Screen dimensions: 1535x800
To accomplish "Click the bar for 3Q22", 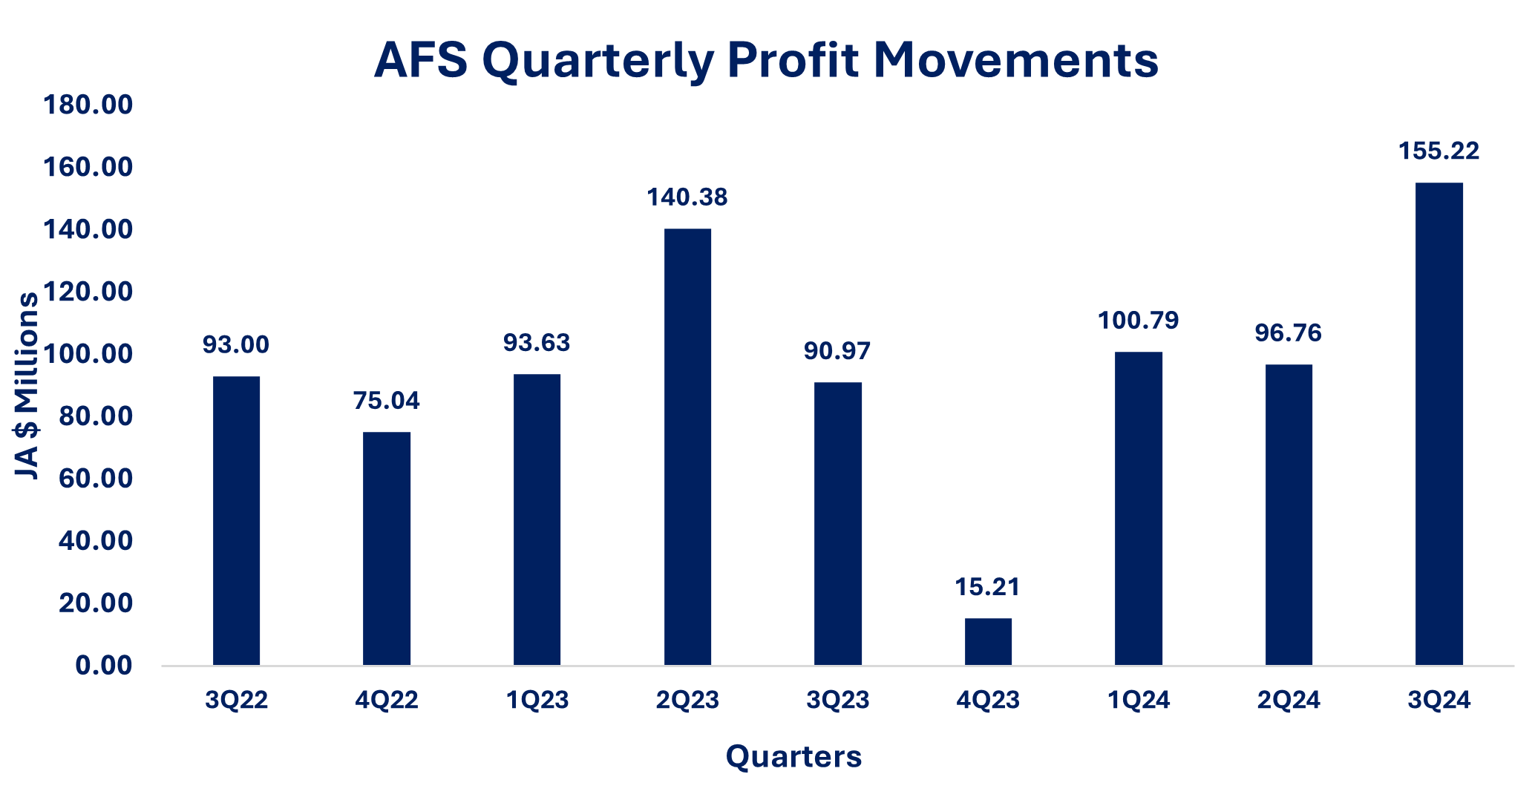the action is (236, 520).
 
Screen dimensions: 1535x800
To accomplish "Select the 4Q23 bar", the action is (988, 641).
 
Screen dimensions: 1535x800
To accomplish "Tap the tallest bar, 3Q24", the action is (1439, 424).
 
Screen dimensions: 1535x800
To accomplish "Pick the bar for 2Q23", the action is (687, 447).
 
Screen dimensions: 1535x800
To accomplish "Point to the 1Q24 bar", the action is (1139, 508).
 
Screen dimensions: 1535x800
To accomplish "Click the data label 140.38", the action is (687, 197).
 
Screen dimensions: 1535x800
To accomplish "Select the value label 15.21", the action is (988, 587).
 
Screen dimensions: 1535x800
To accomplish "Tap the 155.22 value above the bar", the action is (1439, 151).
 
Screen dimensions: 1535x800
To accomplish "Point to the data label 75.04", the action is (387, 401).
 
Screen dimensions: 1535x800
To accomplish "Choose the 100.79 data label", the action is (1139, 321).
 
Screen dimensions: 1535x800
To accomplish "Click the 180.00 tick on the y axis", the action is (88, 105).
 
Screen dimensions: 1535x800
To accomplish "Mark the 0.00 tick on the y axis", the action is (104, 665).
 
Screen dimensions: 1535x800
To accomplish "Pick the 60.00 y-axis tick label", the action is (95, 479).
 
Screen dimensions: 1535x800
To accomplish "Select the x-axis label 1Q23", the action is (537, 700).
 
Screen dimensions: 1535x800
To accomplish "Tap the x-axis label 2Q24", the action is (1289, 700).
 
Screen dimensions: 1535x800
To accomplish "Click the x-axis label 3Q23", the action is (838, 700).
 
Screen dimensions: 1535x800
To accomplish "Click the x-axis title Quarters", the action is (793, 756).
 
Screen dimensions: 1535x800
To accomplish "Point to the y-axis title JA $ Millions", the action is (27, 386).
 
